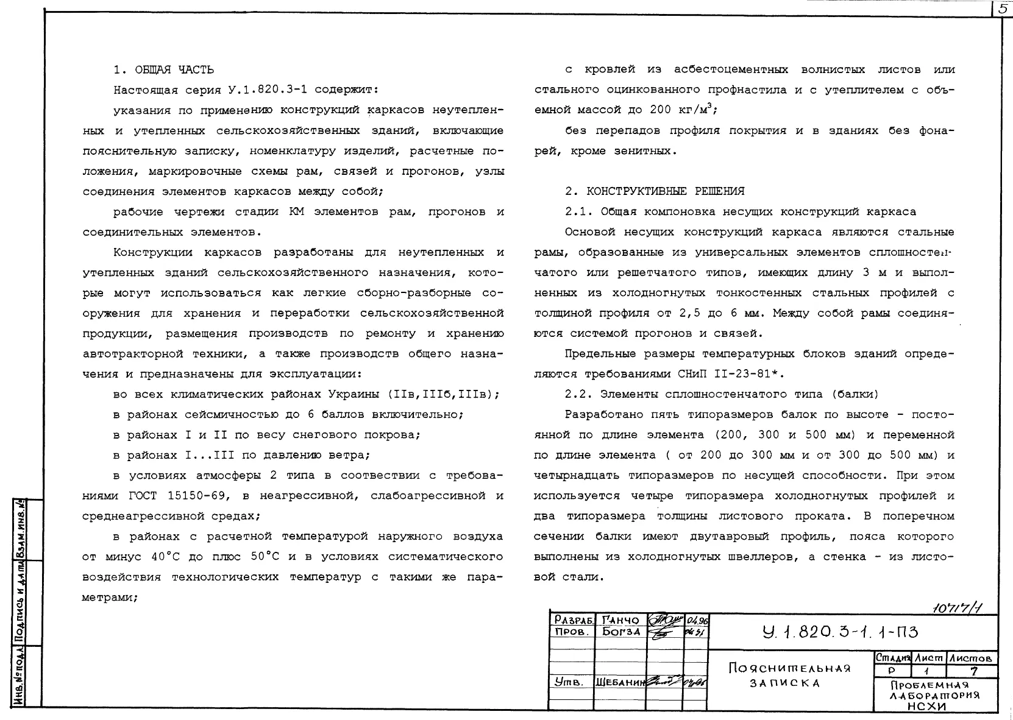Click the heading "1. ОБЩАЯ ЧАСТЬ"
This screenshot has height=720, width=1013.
(164, 70)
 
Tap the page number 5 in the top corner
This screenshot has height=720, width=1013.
(1002, 9)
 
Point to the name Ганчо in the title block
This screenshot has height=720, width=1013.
(620, 620)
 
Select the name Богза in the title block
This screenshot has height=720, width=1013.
(620, 632)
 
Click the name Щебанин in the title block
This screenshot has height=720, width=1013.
(619, 682)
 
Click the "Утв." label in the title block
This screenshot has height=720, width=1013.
(566, 682)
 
